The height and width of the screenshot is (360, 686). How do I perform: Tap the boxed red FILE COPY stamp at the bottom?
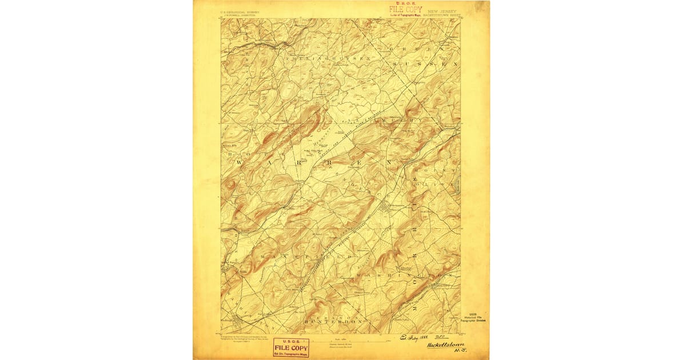coord(290,347)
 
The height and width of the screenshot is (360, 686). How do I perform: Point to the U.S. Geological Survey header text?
coord(240,11)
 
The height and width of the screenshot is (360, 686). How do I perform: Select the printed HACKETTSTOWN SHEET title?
coord(444,14)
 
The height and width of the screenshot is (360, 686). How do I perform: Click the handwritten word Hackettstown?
coord(445,345)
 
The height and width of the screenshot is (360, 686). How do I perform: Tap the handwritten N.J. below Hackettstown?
coord(457,353)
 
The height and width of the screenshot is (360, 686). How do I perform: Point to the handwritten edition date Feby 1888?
coord(416,339)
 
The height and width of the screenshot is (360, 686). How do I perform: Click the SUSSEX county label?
coord(426,65)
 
